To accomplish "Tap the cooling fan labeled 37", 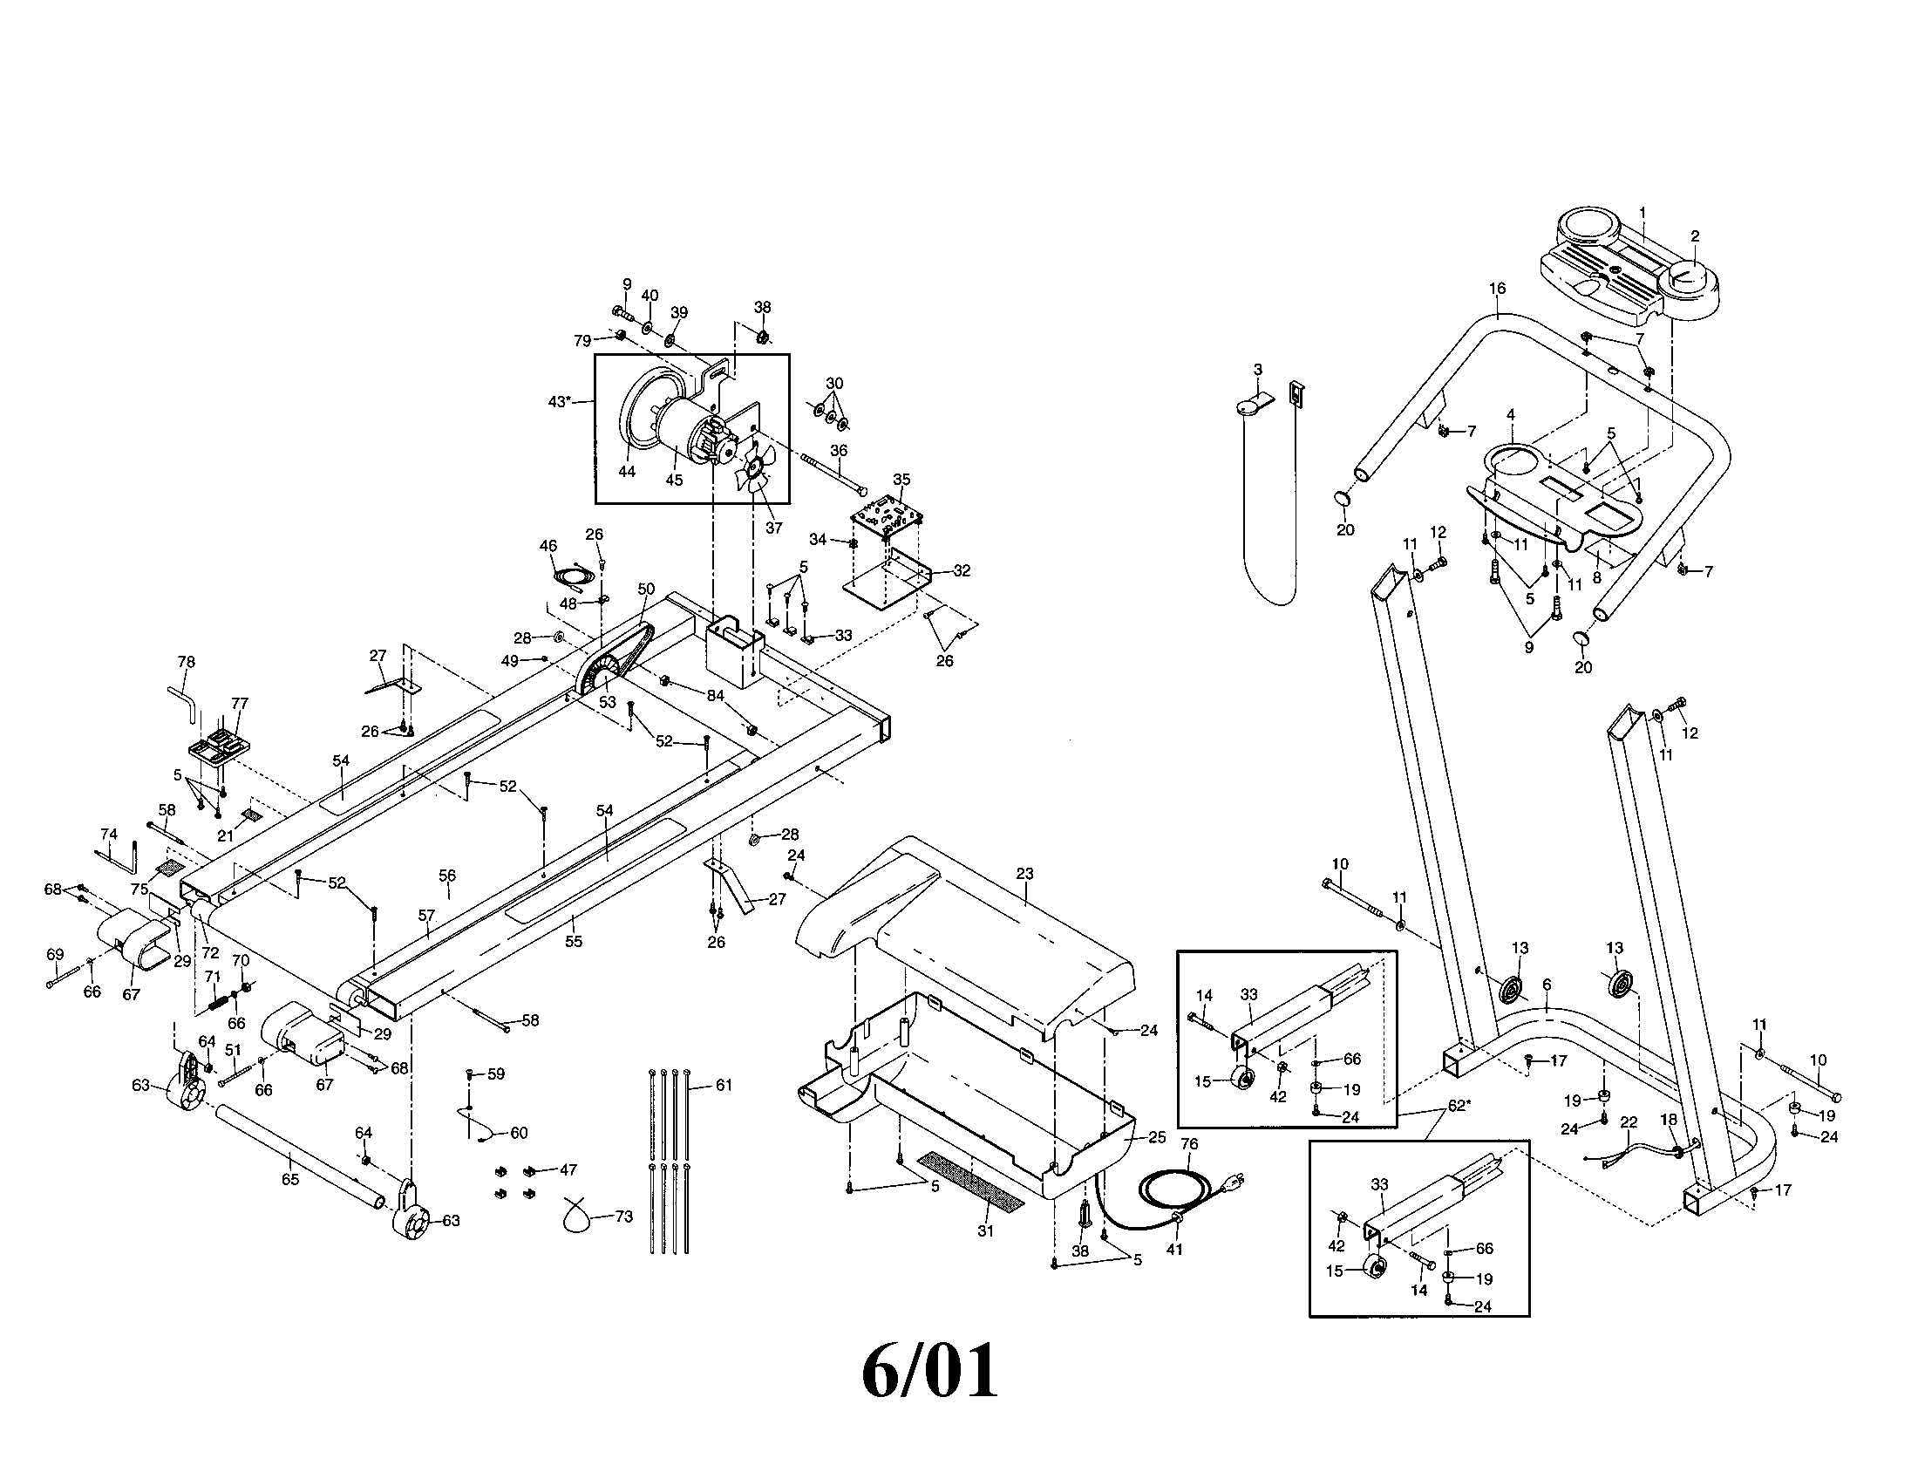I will click(753, 470).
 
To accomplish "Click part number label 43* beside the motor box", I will click(560, 401).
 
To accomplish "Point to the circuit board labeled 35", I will click(886, 521).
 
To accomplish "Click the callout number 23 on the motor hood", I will click(1024, 874).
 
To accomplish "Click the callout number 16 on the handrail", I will click(1497, 288).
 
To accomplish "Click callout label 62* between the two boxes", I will click(1459, 1106).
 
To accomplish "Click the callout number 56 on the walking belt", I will click(447, 876).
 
